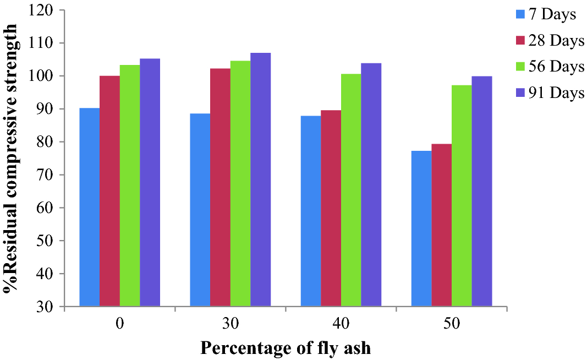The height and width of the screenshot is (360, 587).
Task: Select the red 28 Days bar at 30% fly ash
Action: point(220,187)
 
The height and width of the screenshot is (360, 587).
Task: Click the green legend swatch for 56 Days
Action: point(518,67)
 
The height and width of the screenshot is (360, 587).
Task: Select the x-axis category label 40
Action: point(341,324)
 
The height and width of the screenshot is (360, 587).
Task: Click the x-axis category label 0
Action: point(119,324)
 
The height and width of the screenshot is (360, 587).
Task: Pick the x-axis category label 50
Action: point(452,324)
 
